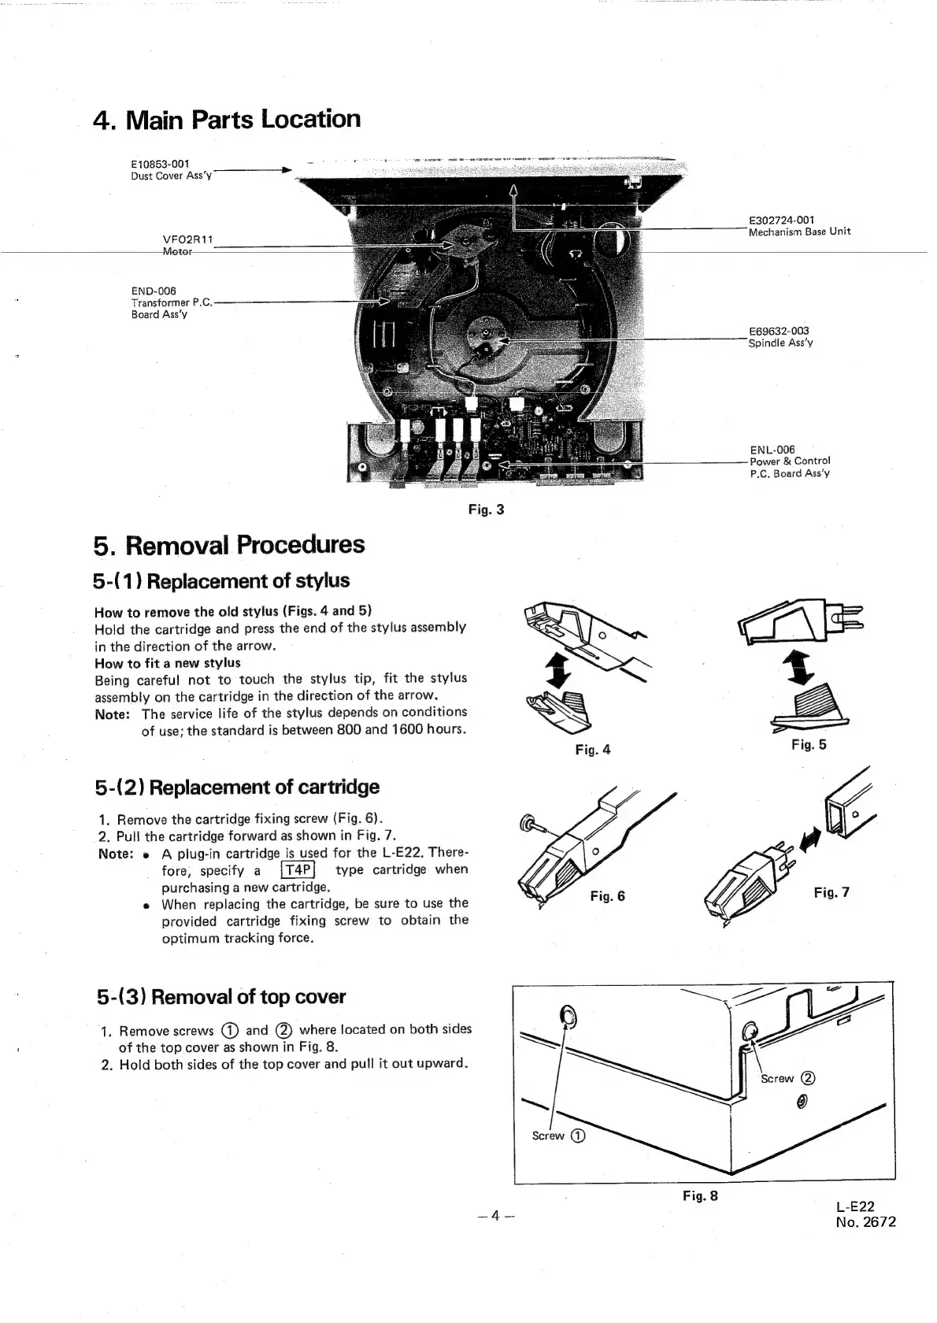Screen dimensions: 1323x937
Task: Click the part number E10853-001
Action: (160, 164)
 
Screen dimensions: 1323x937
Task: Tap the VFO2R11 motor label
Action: (187, 239)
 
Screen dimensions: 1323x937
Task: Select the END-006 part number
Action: (154, 291)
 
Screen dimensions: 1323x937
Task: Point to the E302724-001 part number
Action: (781, 220)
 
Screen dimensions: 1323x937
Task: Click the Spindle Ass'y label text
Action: (780, 343)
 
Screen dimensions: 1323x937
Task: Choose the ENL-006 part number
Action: (772, 450)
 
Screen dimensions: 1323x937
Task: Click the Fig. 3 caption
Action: (486, 510)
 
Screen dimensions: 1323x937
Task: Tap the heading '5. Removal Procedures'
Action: (229, 545)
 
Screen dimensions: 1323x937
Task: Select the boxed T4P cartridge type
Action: (298, 869)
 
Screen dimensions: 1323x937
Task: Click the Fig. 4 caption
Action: (592, 750)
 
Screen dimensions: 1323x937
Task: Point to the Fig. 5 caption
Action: (809, 745)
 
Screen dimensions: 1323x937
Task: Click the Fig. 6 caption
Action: (607, 896)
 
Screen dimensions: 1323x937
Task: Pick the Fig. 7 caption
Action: (831, 892)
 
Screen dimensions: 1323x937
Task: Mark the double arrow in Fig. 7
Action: (807, 843)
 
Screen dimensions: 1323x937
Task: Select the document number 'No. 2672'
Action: (866, 1222)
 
